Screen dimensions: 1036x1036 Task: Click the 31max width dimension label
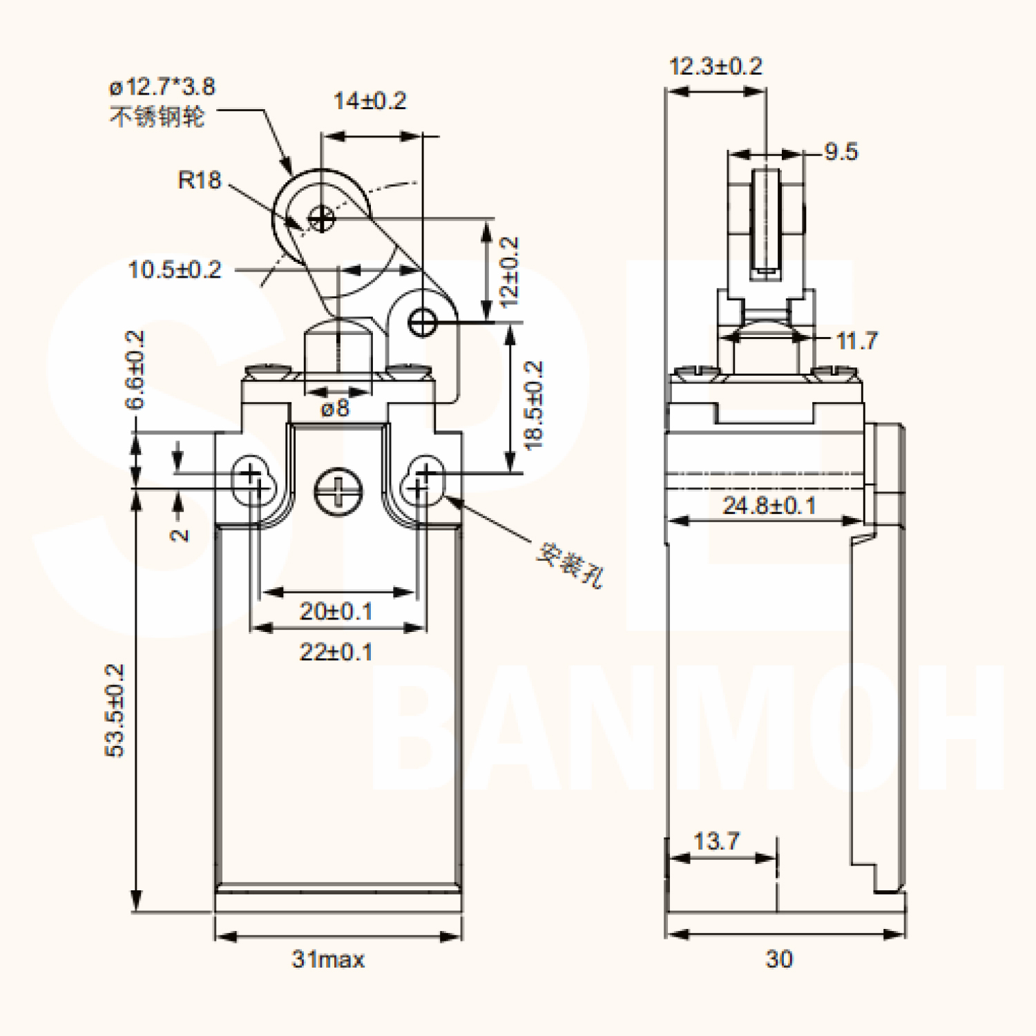328,959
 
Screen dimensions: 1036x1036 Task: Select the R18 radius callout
199,180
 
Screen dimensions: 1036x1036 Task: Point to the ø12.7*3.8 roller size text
162,87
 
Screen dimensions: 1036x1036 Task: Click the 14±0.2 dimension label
370,101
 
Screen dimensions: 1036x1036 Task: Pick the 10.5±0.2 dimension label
175,269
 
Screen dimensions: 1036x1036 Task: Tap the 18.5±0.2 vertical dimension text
534,405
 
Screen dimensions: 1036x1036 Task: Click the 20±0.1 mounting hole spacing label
336,611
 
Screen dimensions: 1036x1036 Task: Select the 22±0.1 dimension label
336,651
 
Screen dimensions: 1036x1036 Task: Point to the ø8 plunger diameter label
336,409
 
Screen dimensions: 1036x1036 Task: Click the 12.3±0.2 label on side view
716,66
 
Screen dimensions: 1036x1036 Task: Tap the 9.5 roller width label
841,152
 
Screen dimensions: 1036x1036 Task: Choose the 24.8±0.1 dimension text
769,506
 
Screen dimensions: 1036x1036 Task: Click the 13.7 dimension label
716,841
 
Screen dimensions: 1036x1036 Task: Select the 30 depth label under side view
779,959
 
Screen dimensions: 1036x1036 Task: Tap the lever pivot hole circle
423,322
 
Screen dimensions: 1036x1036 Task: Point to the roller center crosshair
320,220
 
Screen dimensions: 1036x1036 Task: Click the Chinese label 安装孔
570,565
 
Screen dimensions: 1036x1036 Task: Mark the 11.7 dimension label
856,340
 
